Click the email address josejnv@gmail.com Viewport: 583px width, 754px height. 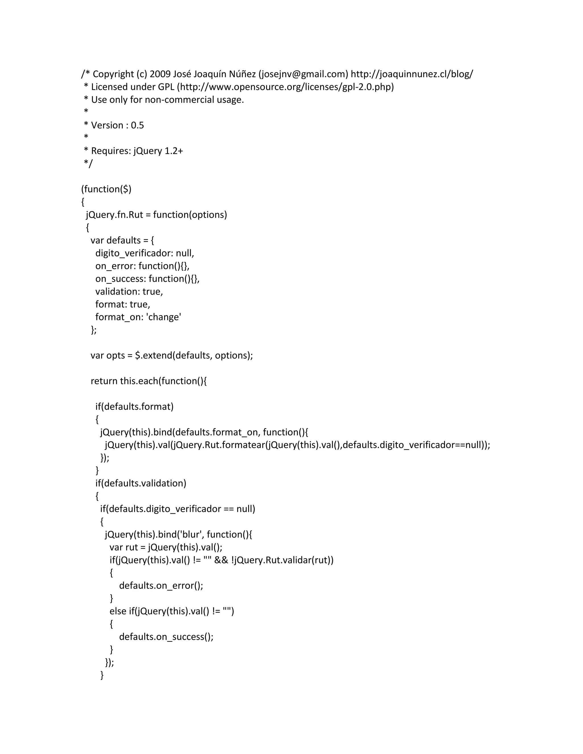(x=303, y=74)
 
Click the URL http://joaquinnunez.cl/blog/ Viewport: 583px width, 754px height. (x=412, y=74)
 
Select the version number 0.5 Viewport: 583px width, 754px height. (x=137, y=125)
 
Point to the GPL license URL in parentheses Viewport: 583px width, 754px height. (x=286, y=87)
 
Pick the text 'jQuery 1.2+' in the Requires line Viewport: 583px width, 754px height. (x=158, y=151)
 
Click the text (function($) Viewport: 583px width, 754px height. (x=106, y=189)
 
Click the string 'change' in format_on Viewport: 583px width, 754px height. (x=164, y=317)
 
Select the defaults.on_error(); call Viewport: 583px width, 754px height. (x=161, y=586)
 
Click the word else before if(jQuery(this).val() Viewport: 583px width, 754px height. (x=118, y=611)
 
